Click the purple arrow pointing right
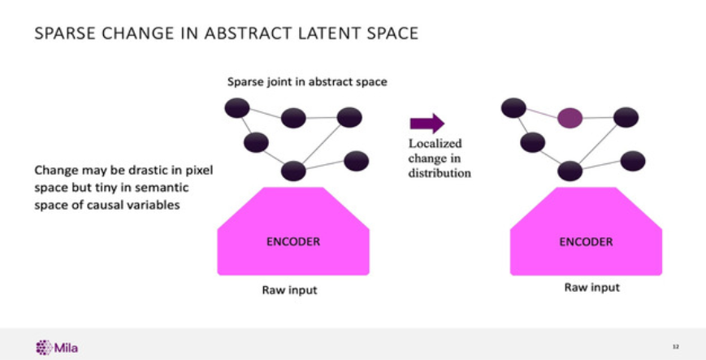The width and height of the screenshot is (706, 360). click(427, 124)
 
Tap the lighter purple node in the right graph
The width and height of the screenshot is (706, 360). click(570, 118)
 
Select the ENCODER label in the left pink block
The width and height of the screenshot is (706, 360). click(293, 241)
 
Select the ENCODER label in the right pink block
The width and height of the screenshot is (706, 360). click(586, 241)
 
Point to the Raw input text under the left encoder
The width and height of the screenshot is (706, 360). click(289, 290)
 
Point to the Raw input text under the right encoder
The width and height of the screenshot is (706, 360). click(591, 288)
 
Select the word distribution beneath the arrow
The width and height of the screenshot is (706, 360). click(440, 173)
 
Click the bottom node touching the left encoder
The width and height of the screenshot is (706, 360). click(292, 171)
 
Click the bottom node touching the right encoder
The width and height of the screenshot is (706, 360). click(570, 171)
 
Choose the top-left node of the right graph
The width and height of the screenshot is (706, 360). click(513, 106)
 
